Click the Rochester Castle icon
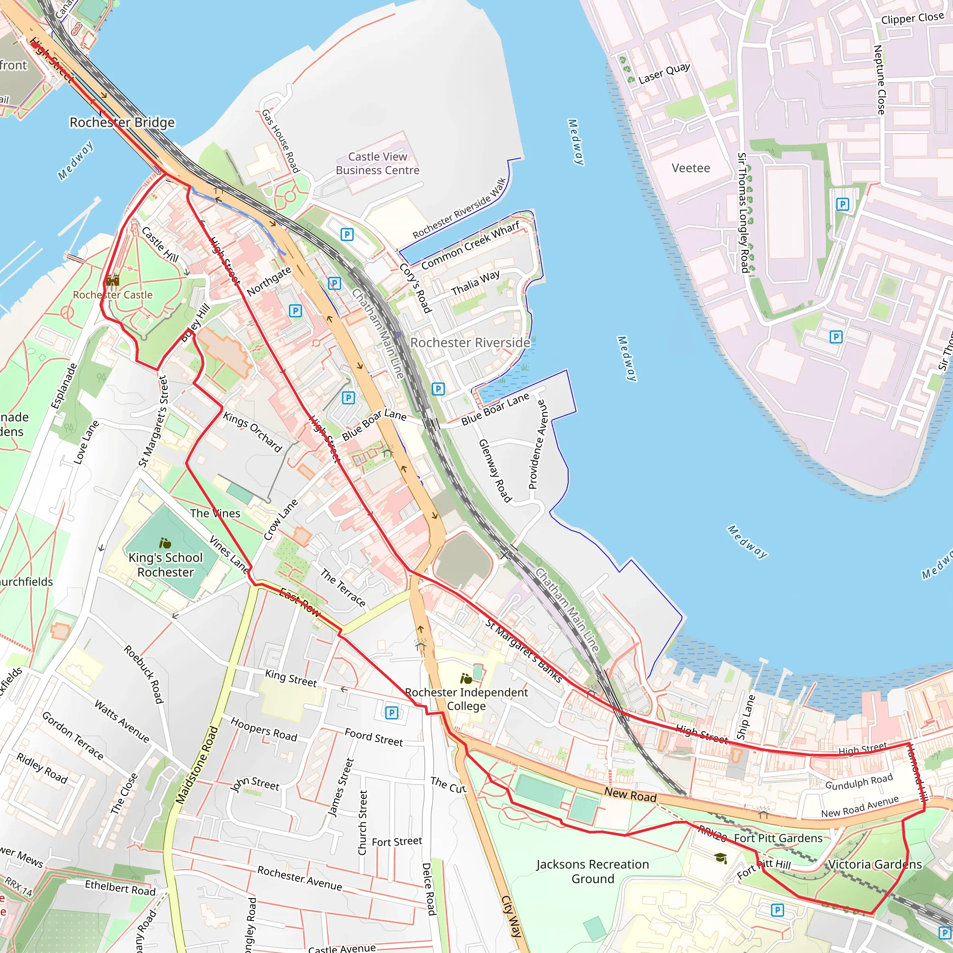pyautogui.click(x=113, y=281)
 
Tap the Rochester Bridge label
pyautogui.click(x=122, y=122)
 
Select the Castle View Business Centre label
pyautogui.click(x=377, y=163)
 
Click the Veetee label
pyautogui.click(x=691, y=168)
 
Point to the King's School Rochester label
pyautogui.click(x=165, y=565)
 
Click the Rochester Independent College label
pyautogui.click(x=466, y=699)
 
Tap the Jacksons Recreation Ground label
pyautogui.click(x=592, y=871)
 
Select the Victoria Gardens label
pyautogui.click(x=874, y=864)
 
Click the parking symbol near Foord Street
pyautogui.click(x=391, y=712)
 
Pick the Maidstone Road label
pyautogui.click(x=197, y=765)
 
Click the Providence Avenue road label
pyautogui.click(x=537, y=444)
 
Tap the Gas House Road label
pyautogui.click(x=280, y=141)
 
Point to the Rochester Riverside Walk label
pyautogui.click(x=459, y=208)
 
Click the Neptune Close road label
pyautogui.click(x=879, y=80)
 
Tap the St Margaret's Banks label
pyautogui.click(x=523, y=651)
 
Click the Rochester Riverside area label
pyautogui.click(x=470, y=342)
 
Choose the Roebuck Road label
pyautogui.click(x=143, y=674)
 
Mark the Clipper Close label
pyautogui.click(x=912, y=18)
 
